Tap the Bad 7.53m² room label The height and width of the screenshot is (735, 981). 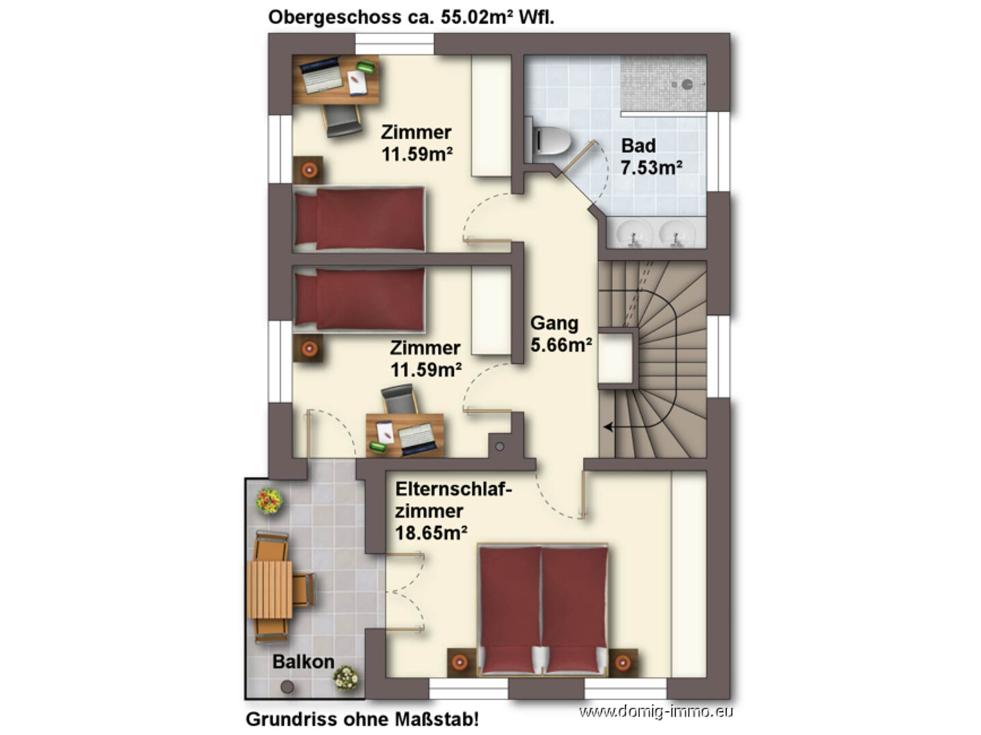pos(651,157)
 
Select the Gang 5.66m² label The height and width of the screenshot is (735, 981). pos(561,333)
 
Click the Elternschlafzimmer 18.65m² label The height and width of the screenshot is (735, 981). pos(453,511)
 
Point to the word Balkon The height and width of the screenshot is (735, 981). pos(303,662)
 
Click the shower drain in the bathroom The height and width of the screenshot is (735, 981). pos(687,84)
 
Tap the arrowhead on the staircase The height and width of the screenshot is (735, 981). pos(608,427)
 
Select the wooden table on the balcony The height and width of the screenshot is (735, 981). pos(269,589)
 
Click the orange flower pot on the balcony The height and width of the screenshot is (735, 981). pos(269,500)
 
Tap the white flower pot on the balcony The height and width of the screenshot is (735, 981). pos(346,678)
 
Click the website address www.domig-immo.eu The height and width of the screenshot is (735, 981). pos(656,712)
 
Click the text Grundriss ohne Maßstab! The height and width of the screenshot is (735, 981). pos(362,719)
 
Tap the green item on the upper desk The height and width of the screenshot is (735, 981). pos(366,66)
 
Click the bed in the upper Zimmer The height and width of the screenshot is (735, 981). pos(359,218)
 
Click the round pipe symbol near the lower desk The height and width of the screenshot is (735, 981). pos(499,446)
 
